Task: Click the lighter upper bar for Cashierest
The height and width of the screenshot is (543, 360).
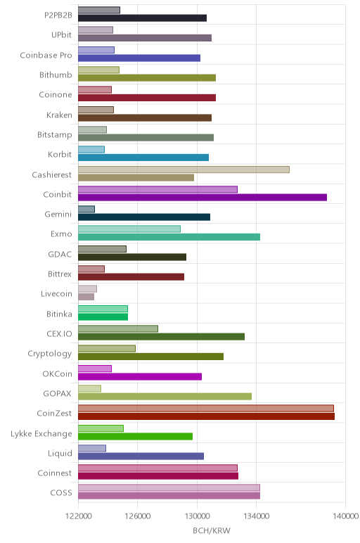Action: (184, 170)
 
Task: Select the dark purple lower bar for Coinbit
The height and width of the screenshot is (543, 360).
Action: (202, 198)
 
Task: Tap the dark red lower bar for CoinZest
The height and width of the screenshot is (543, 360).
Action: (206, 416)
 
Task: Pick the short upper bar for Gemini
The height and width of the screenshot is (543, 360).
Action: (86, 209)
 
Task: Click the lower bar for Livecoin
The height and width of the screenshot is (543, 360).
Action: (86, 297)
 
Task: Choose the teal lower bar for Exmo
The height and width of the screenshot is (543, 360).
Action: (169, 237)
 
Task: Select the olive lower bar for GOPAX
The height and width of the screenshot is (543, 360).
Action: (165, 397)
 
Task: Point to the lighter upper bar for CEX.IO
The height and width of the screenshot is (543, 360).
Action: (118, 328)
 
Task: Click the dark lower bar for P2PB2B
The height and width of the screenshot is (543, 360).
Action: (143, 18)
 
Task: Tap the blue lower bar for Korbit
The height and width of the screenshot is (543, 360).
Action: (143, 158)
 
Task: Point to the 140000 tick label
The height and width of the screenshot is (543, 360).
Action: (345, 516)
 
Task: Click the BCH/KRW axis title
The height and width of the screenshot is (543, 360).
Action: (212, 530)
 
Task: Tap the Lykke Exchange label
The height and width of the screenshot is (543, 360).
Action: (41, 433)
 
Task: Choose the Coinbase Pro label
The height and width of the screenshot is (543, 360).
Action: (46, 55)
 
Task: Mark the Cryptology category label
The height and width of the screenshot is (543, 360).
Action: (50, 354)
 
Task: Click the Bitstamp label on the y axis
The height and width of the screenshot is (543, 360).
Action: (55, 135)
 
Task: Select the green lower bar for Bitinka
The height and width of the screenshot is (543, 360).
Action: (103, 317)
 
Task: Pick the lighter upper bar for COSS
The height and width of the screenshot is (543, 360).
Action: (169, 488)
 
